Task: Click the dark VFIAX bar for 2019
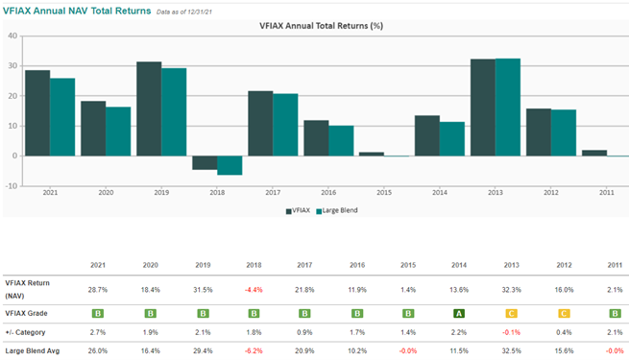point(149,108)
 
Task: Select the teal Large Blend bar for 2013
point(508,107)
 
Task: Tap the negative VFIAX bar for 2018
point(205,163)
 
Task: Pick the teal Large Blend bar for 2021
point(62,117)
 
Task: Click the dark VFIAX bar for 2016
point(316,138)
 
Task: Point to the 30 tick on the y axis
point(12,65)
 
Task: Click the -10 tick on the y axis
point(11,186)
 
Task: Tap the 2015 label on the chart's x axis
point(384,193)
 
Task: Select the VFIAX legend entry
point(298,210)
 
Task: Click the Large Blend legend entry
point(337,210)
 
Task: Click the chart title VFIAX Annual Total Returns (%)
point(321,26)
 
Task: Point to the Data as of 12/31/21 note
point(184,12)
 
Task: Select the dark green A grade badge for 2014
point(459,314)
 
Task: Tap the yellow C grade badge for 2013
point(511,314)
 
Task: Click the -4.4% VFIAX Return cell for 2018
point(254,290)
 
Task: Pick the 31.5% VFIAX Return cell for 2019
point(203,290)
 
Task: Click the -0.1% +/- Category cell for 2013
point(511,332)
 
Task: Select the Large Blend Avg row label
point(32,351)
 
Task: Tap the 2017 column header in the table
point(304,265)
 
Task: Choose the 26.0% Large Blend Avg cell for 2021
point(98,351)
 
